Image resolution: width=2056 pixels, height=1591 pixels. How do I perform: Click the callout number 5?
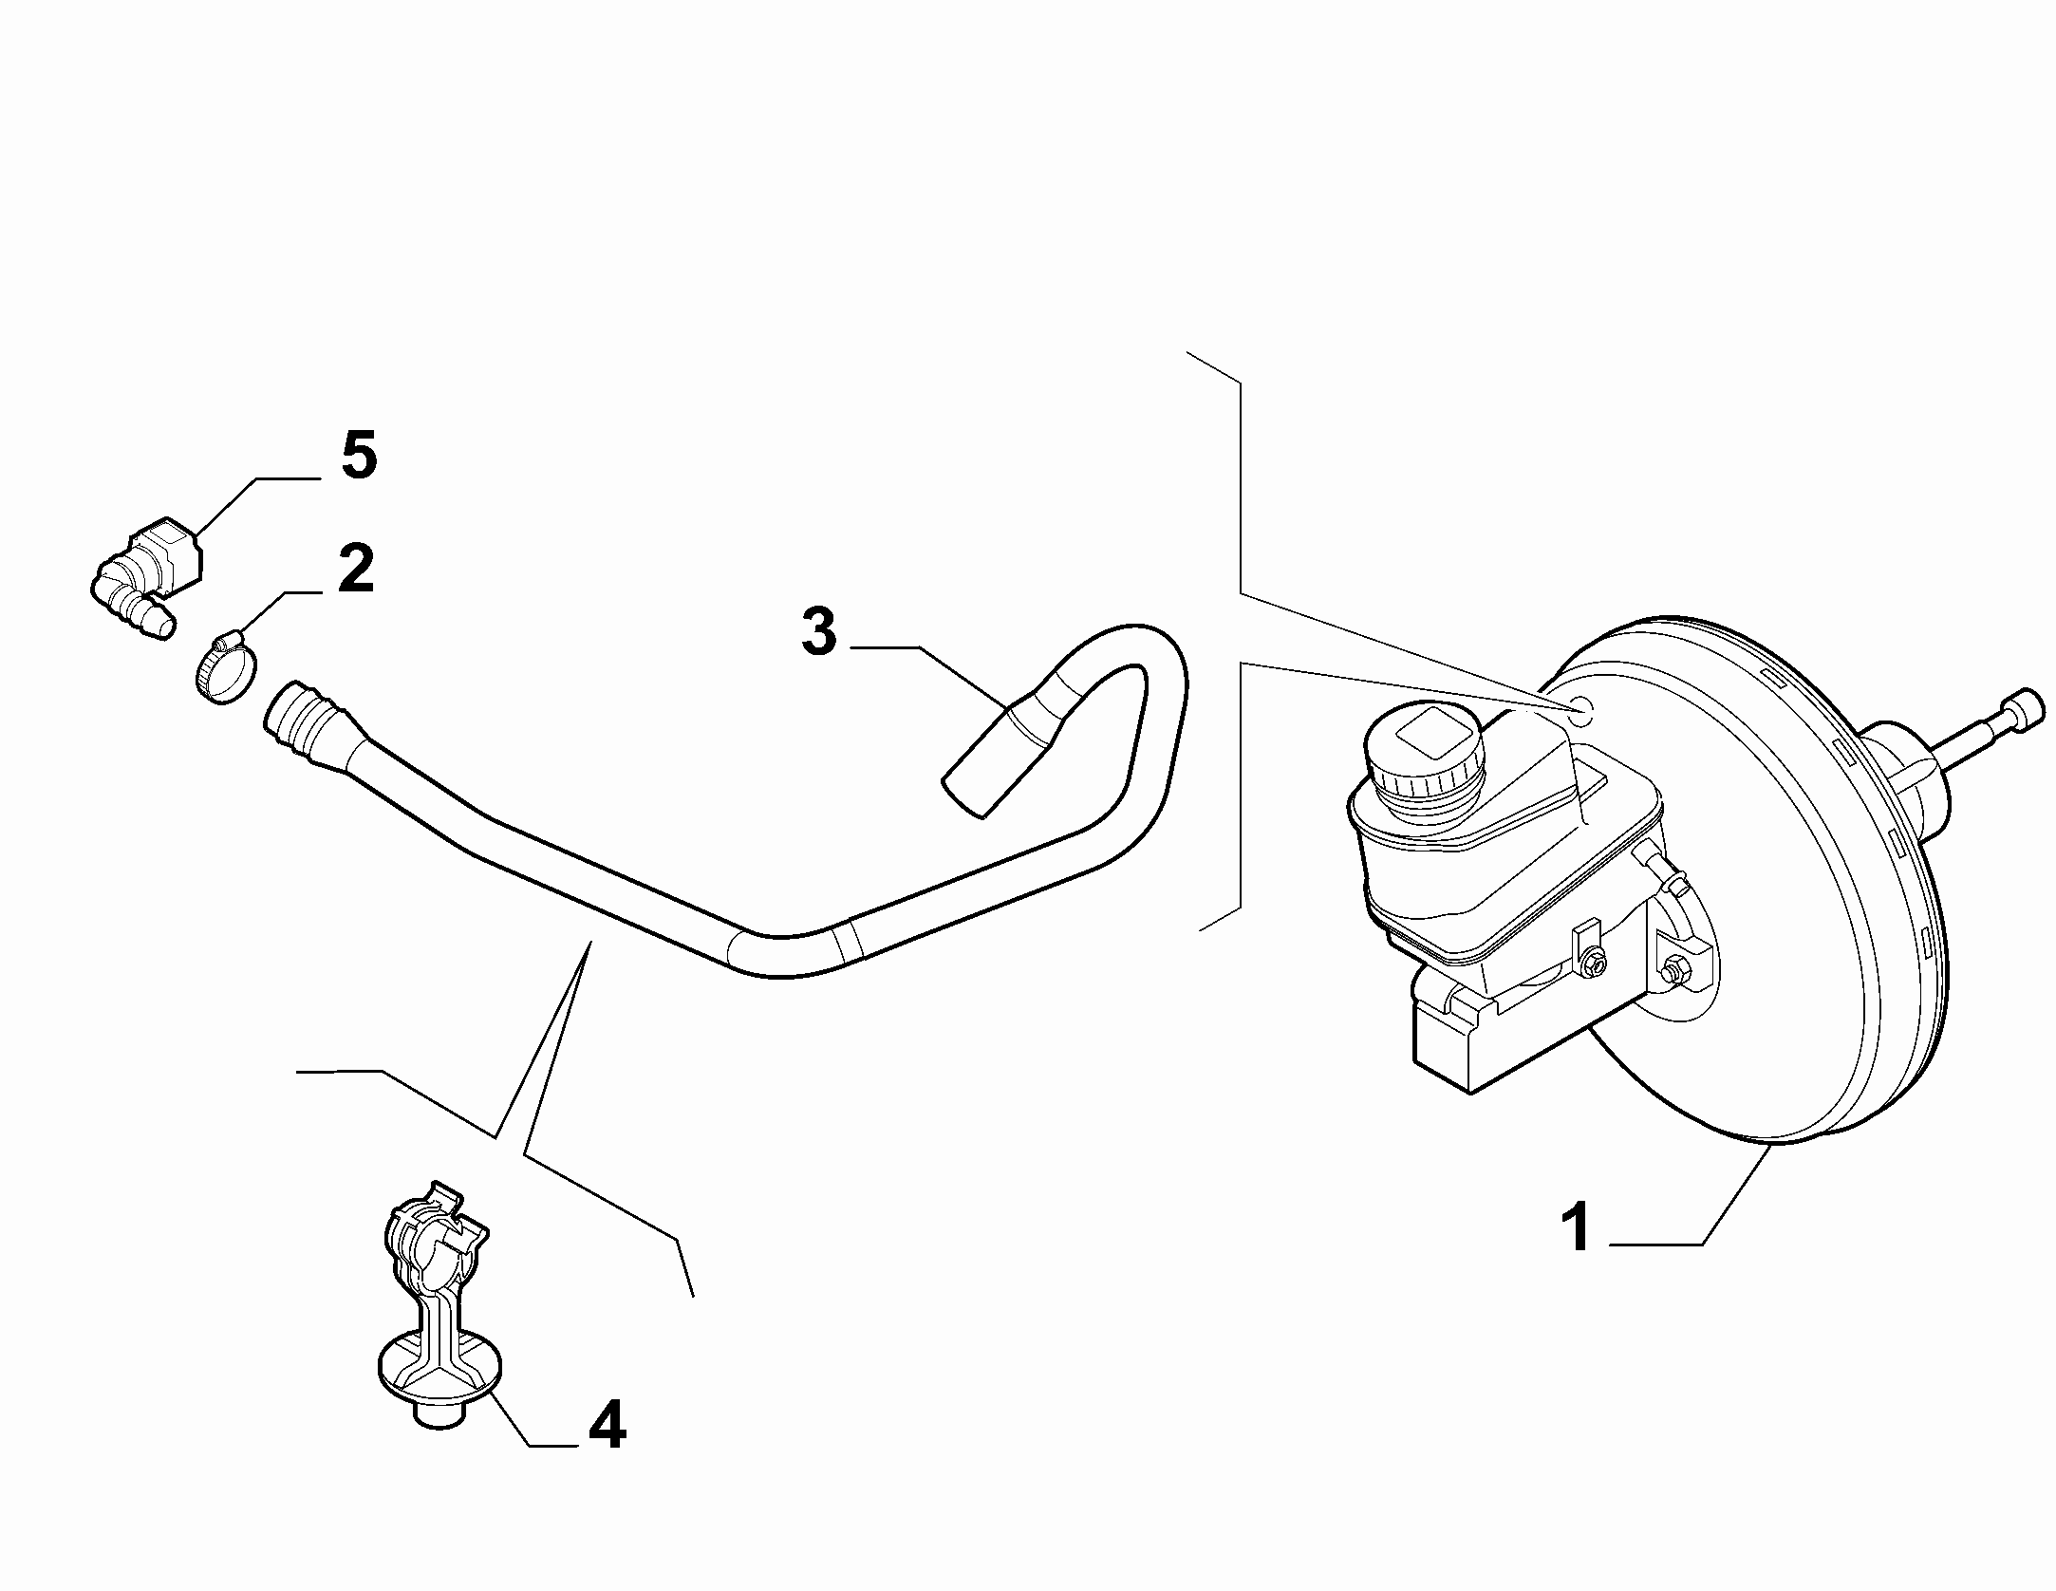coord(359,457)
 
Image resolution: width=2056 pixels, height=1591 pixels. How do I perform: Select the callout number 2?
coord(355,569)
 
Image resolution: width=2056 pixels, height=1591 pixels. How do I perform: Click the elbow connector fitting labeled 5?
coord(147,575)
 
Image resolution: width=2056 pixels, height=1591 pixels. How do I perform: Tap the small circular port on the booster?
coord(1580,704)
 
